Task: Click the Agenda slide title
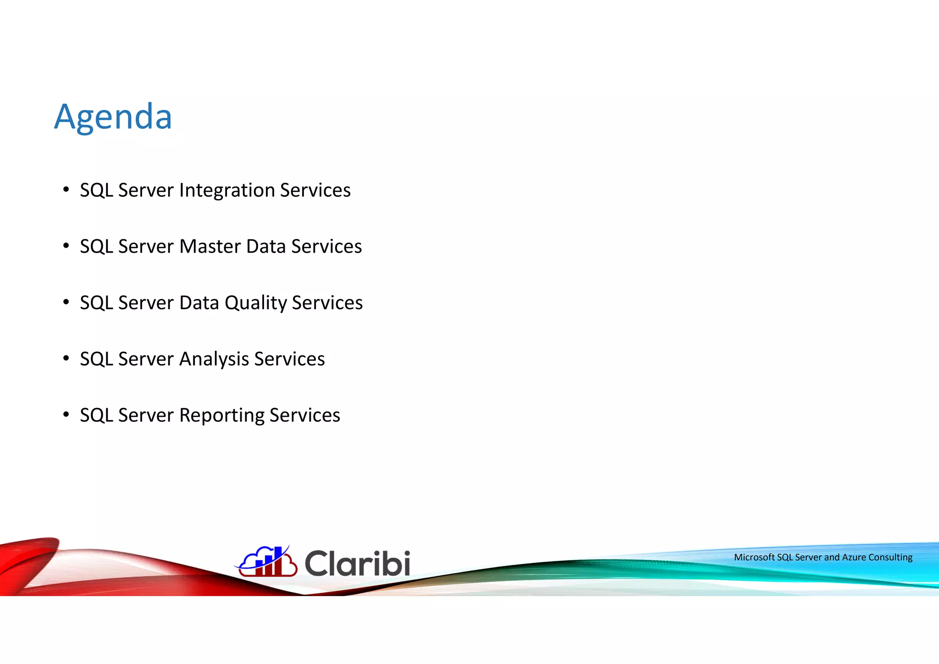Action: (x=113, y=117)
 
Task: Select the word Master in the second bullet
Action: (x=210, y=246)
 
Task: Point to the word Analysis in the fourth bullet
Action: (x=214, y=359)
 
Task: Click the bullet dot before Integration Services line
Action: (x=66, y=189)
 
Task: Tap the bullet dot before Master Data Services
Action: (x=66, y=246)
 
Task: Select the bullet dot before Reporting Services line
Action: (x=66, y=415)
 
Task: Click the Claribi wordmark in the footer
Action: (x=357, y=563)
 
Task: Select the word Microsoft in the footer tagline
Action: (x=754, y=557)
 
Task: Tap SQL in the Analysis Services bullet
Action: (x=96, y=359)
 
